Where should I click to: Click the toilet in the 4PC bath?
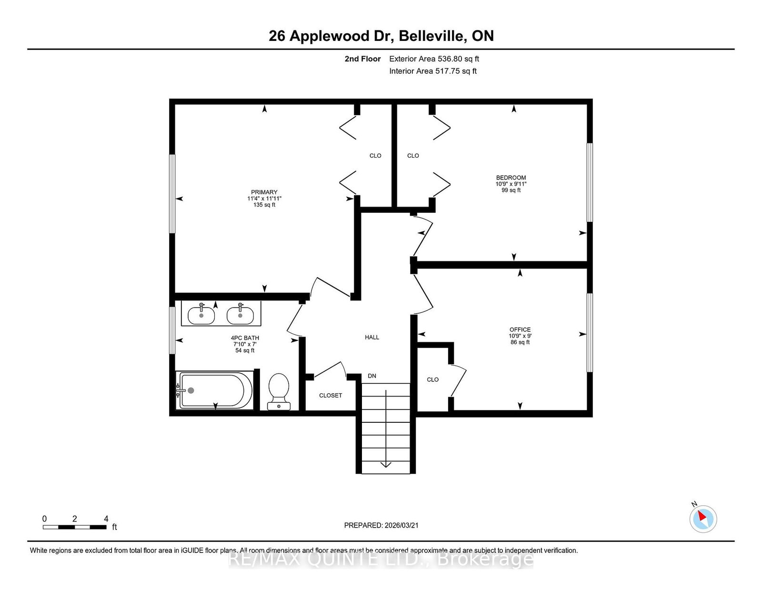pos(279,391)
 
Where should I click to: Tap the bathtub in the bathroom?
pos(215,390)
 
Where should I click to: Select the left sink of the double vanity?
pos(201,315)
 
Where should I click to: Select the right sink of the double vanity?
pos(240,315)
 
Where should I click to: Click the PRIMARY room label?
pos(264,192)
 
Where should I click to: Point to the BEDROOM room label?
pos(511,178)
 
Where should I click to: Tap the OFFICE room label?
pos(520,329)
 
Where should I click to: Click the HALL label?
pos(372,337)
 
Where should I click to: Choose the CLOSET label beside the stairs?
pos(331,396)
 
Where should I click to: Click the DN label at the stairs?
pos(372,376)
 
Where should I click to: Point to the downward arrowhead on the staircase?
pos(386,465)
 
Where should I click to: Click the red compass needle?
pos(702,516)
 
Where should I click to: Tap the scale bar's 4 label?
pos(106,519)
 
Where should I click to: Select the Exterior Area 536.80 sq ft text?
pos(434,59)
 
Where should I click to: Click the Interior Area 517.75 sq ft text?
pos(433,71)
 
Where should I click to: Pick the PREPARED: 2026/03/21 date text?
pos(381,525)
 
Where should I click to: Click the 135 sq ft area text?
pos(264,205)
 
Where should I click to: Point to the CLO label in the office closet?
pos(433,379)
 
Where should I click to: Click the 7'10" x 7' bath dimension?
pos(245,344)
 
